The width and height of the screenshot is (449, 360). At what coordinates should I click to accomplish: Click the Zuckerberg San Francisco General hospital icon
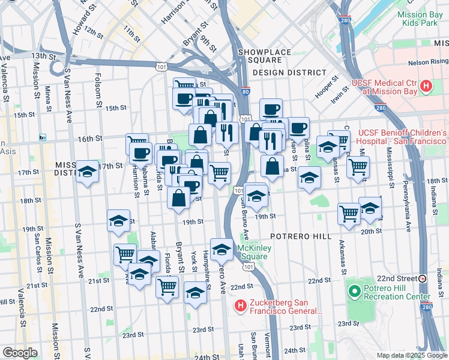coord(240,307)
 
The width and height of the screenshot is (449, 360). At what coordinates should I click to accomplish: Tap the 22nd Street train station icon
coord(423,278)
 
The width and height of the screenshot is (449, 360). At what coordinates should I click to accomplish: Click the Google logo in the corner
coord(20,353)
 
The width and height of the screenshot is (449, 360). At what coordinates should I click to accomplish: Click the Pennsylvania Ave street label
coord(408,207)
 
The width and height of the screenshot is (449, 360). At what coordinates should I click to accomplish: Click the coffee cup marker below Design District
coord(271,109)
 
